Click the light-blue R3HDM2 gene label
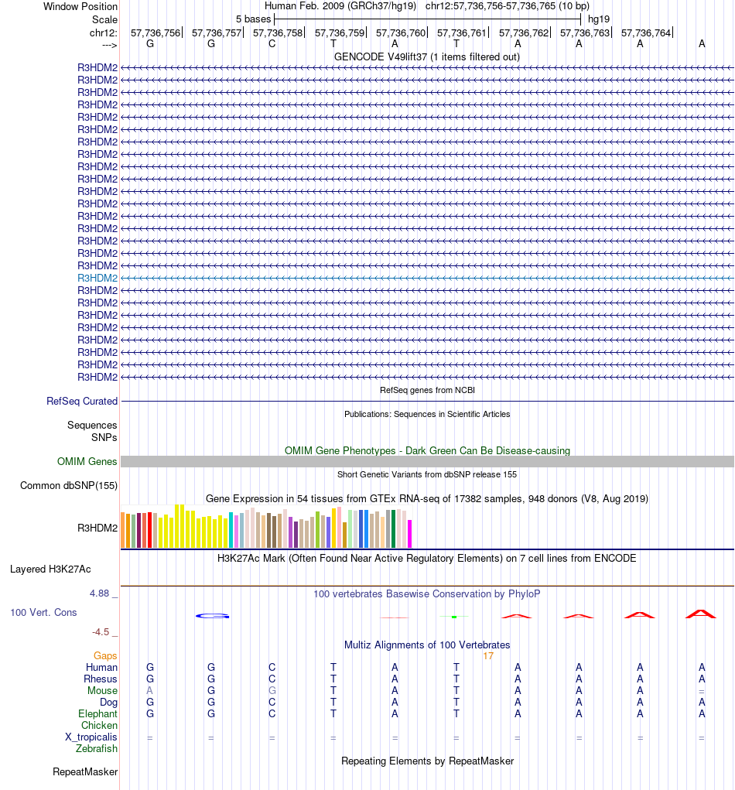click(x=97, y=278)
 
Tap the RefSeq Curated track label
click(x=82, y=402)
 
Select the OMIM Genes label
click(x=87, y=462)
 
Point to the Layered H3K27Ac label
click(x=50, y=569)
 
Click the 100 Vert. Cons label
click(x=43, y=612)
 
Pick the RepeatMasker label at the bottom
click(x=85, y=772)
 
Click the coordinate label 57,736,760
click(x=401, y=33)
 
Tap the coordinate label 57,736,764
click(x=646, y=33)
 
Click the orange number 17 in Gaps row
click(x=488, y=656)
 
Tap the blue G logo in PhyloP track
click(x=213, y=616)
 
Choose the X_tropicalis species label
click(x=91, y=737)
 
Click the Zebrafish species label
click(x=97, y=749)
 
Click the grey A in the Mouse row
click(x=150, y=691)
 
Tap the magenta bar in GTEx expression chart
click(x=410, y=533)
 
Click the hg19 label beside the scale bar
click(x=598, y=18)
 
